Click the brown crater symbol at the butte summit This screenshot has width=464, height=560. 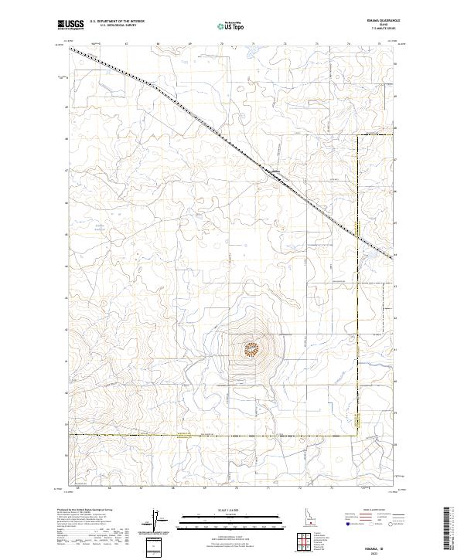pos(251,350)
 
